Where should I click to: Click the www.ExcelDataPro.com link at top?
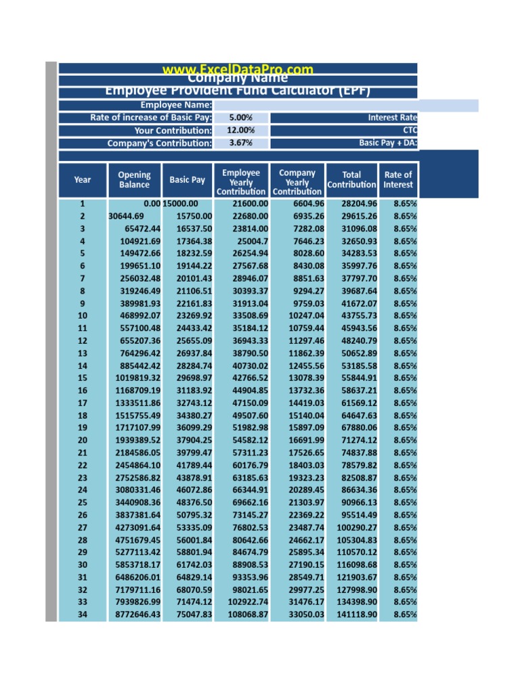(238, 69)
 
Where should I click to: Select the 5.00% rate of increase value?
(241, 118)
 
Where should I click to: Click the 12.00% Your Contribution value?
(241, 131)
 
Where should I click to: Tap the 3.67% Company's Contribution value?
(241, 143)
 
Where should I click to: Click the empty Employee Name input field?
(345, 105)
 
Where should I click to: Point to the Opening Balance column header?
(134, 180)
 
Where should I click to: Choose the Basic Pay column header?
(187, 180)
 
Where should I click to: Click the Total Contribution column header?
(351, 180)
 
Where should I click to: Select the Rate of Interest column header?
(397, 180)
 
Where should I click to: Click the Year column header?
(83, 180)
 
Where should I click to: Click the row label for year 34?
(83, 614)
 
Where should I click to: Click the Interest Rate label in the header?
(392, 118)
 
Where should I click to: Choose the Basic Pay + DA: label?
(388, 143)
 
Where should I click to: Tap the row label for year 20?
(83, 441)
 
